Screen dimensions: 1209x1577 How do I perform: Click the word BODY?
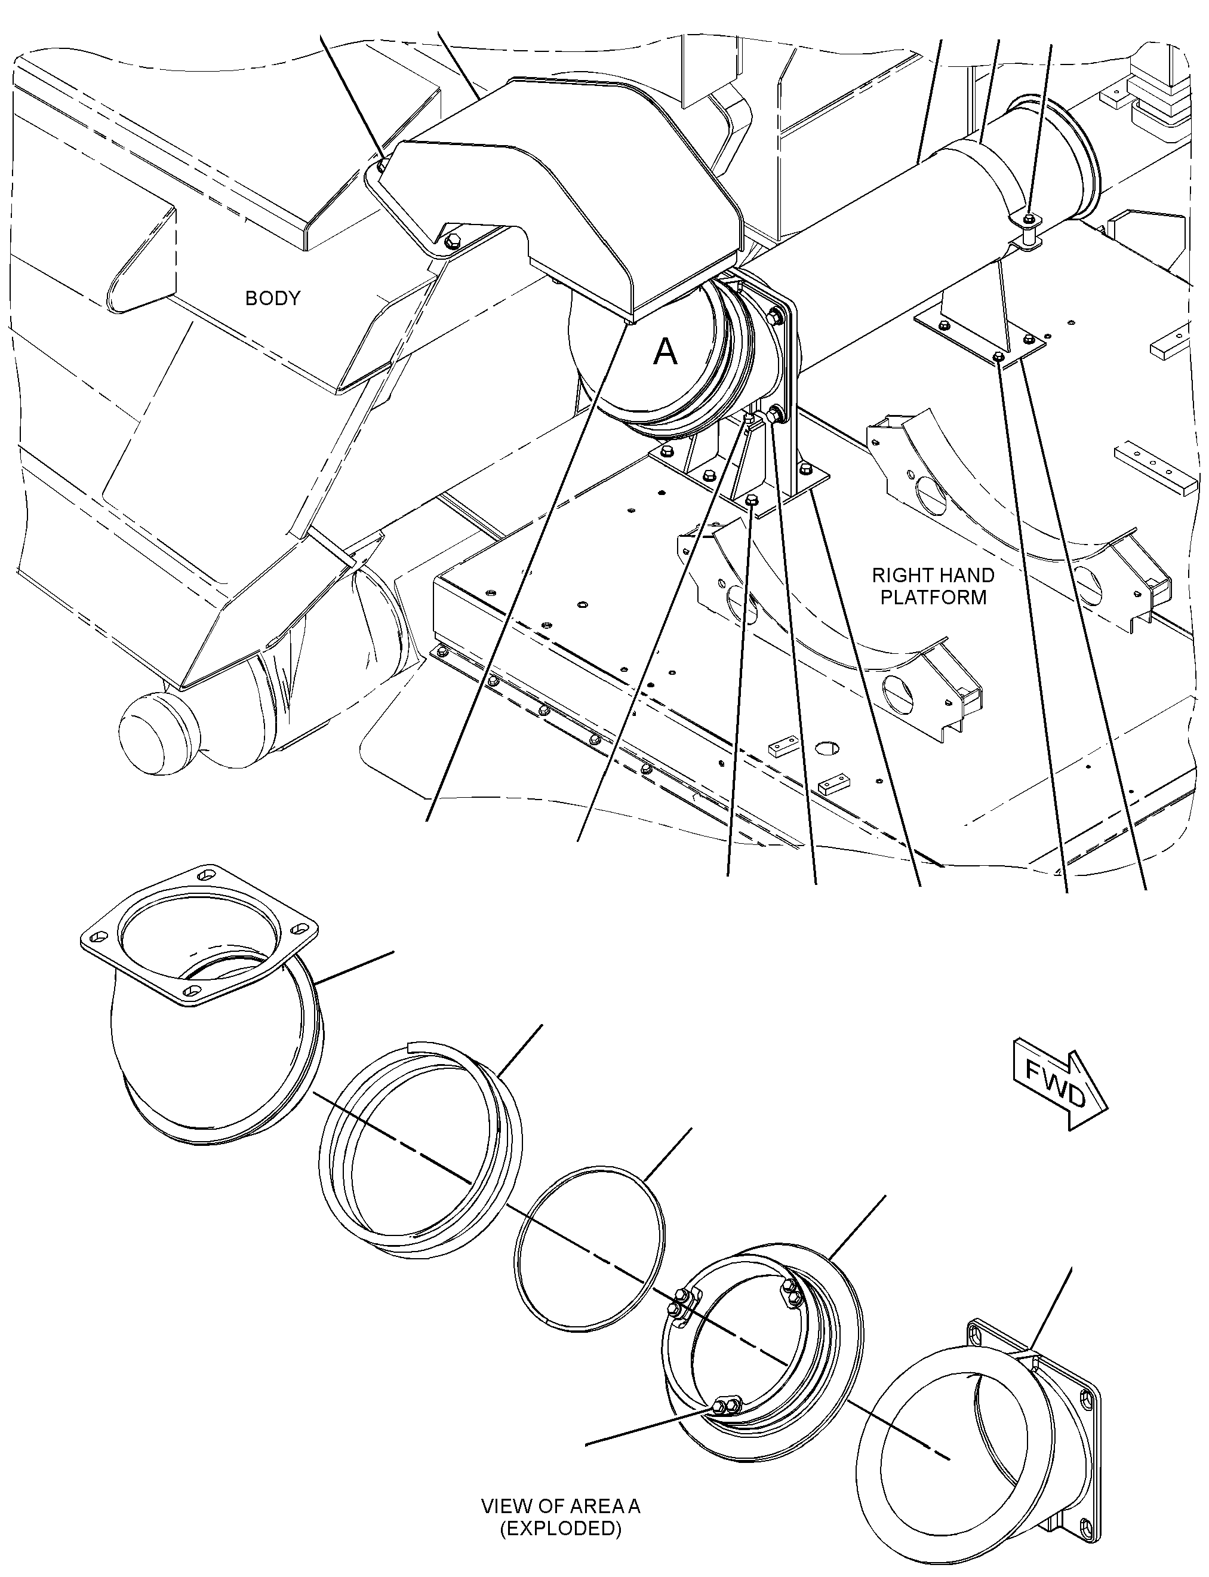coord(272,298)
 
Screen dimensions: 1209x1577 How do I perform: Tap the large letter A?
coord(665,352)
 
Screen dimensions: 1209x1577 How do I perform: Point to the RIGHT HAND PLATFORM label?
coord(933,586)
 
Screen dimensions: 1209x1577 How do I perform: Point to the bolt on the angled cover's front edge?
coord(452,241)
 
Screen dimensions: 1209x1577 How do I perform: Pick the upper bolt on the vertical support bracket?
coord(775,315)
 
